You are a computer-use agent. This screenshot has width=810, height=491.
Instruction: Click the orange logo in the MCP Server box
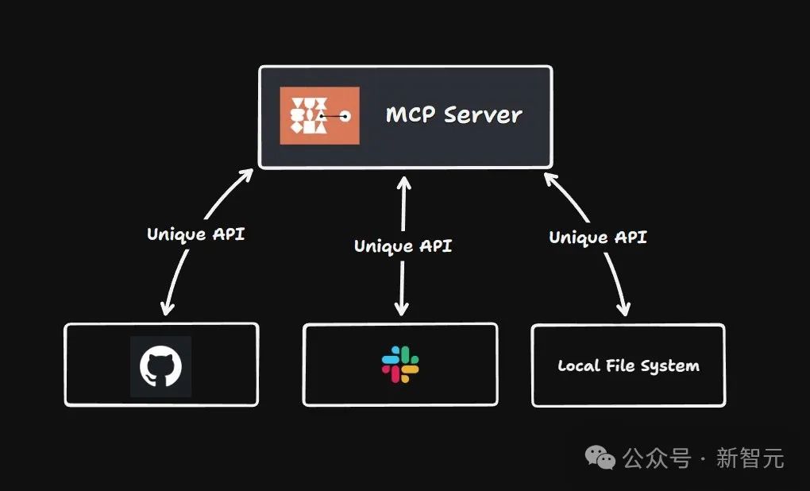pos(319,116)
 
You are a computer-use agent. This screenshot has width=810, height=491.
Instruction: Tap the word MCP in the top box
pos(410,114)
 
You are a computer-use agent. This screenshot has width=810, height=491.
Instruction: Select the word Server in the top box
pos(483,114)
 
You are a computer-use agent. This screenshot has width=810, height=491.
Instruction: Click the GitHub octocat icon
pos(161,366)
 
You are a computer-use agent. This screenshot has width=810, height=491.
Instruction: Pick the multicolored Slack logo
pos(400,365)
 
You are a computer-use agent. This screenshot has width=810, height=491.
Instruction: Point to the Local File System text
pos(628,366)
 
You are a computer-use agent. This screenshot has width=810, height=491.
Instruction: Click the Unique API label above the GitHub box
pos(195,234)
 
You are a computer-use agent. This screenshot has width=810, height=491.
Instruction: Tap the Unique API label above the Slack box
pos(403,246)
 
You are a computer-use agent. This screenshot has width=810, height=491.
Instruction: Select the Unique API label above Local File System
pos(598,237)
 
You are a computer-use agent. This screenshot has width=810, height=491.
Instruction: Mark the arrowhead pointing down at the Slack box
pos(403,308)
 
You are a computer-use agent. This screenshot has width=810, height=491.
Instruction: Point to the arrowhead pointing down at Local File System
pos(625,307)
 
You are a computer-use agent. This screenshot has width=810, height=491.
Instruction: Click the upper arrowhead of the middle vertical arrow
pos(403,184)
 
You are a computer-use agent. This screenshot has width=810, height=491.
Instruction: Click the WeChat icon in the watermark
pos(600,457)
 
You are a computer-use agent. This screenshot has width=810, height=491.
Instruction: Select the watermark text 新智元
pos(750,458)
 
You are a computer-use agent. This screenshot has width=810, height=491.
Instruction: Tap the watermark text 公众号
pos(656,458)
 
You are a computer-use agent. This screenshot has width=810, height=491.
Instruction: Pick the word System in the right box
pos(672,366)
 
